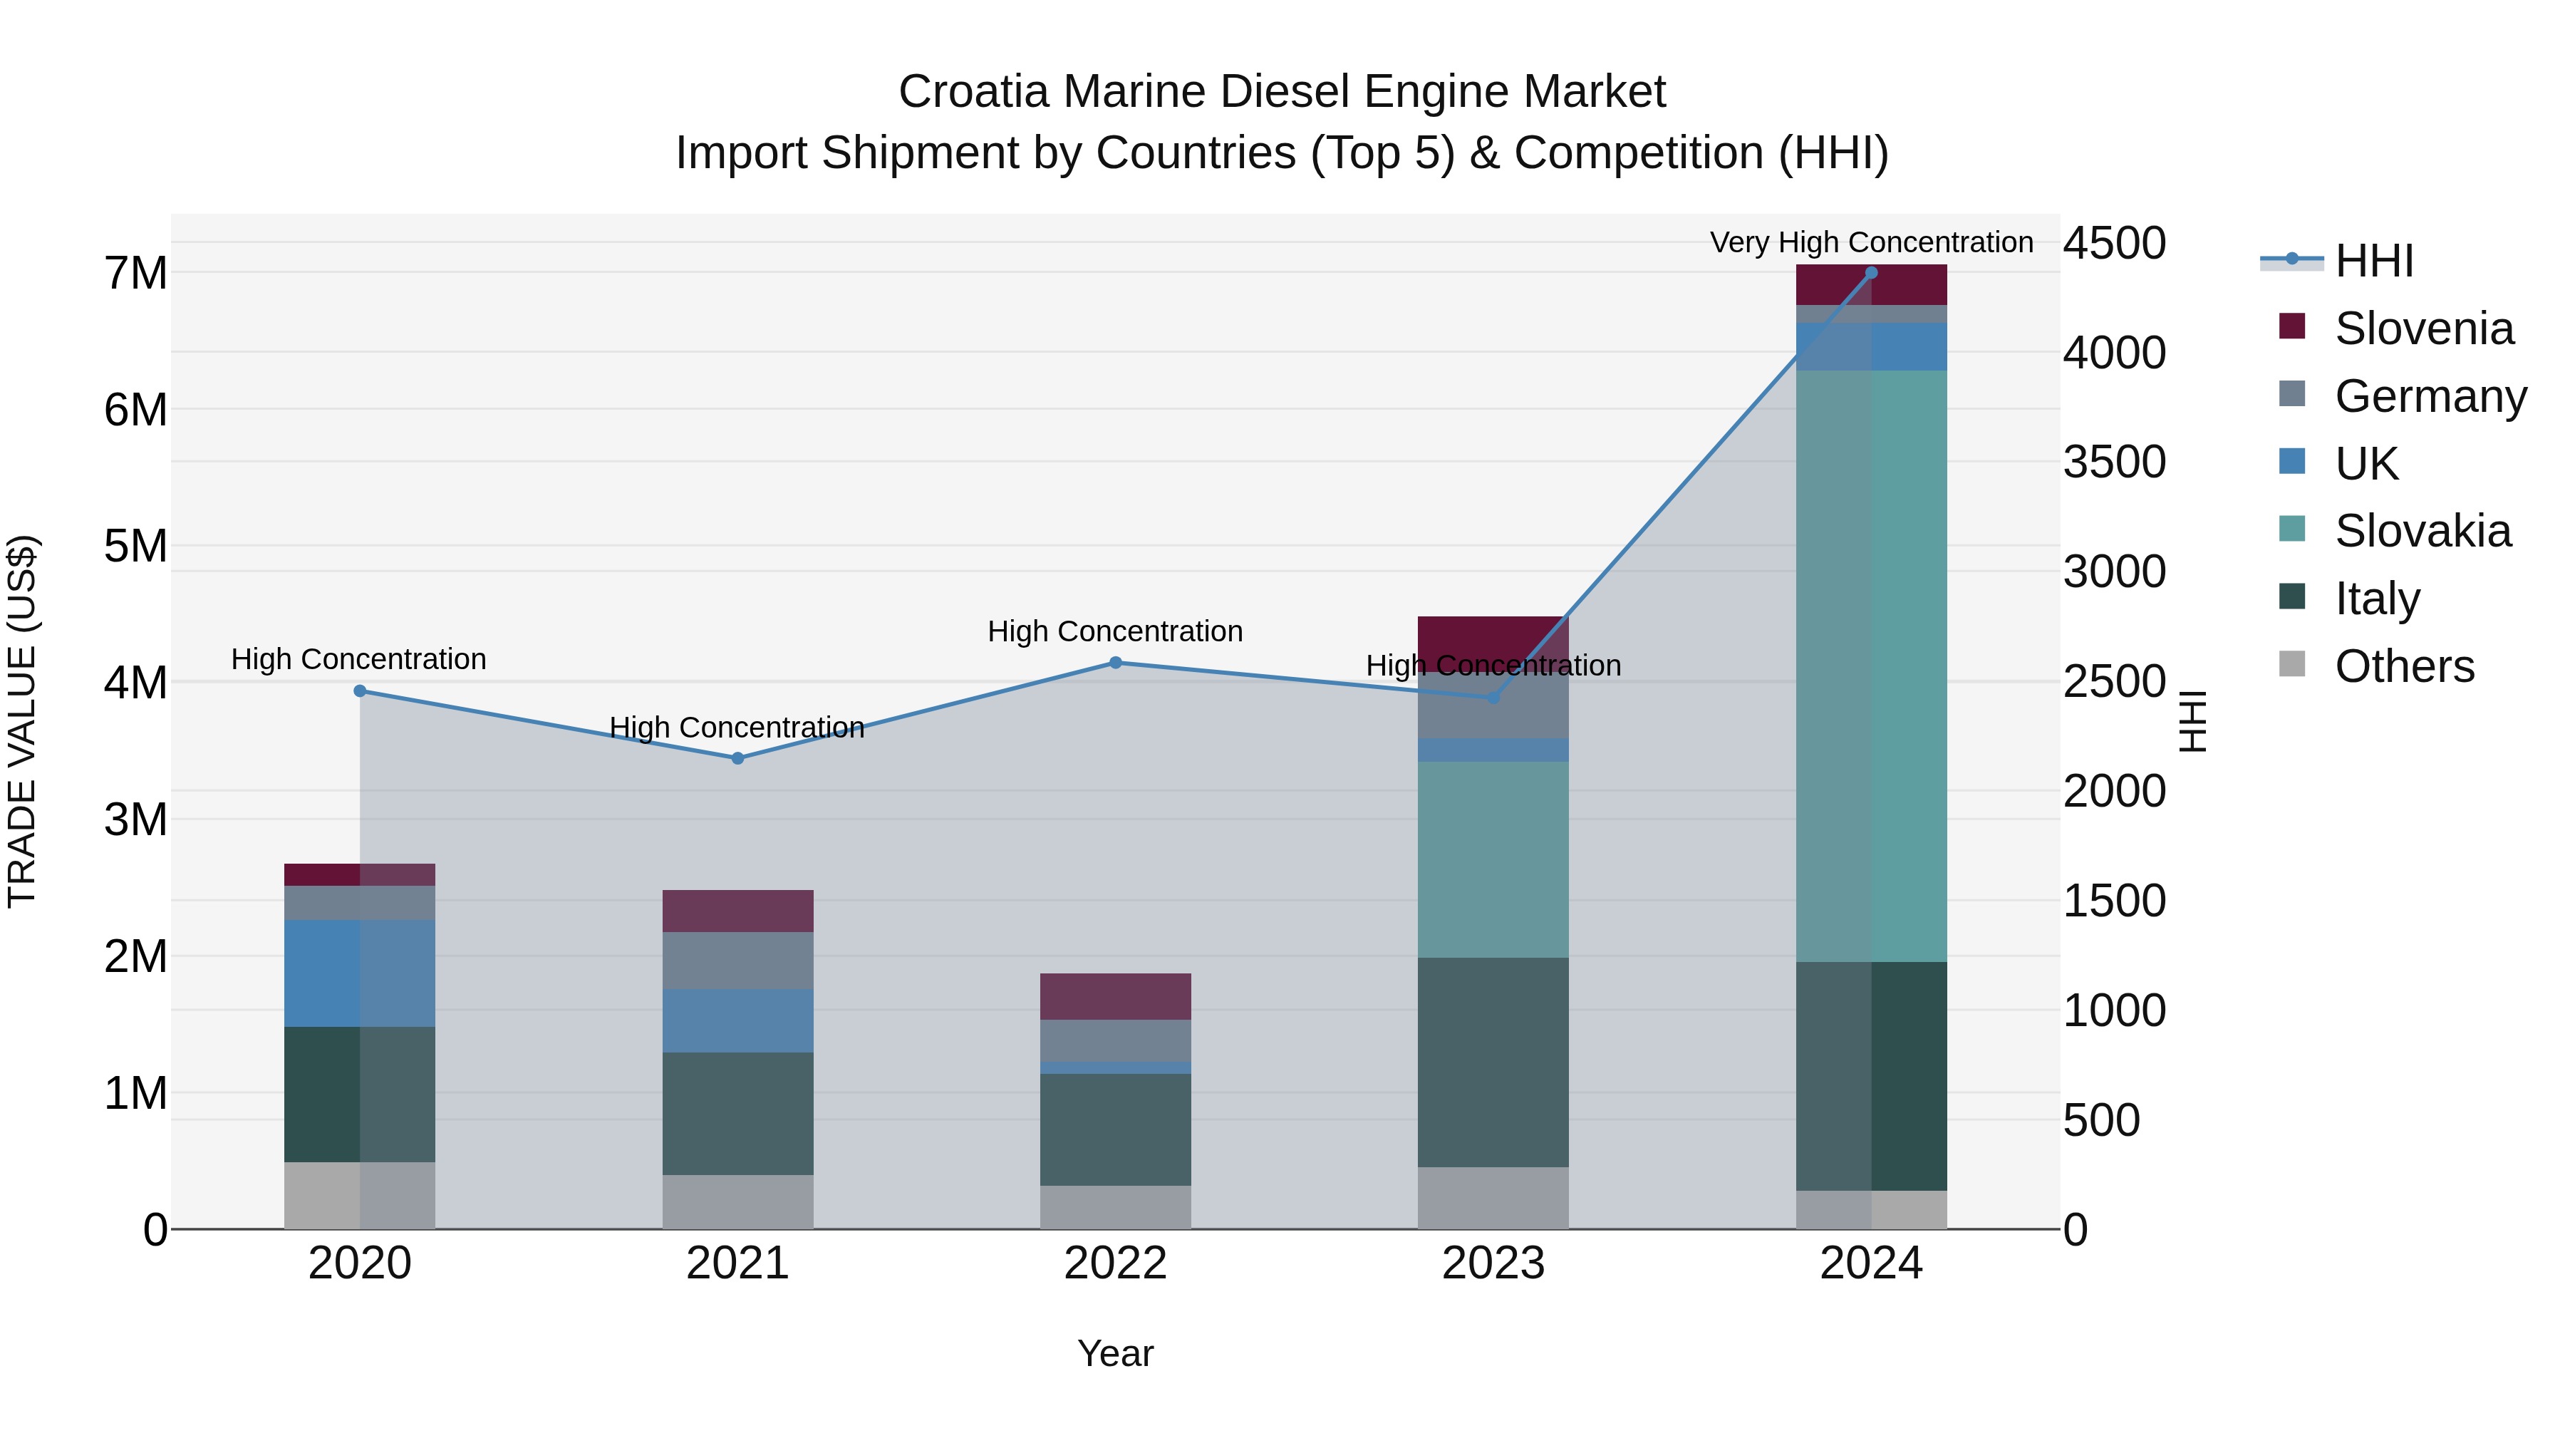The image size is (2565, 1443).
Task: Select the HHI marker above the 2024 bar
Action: click(1871, 273)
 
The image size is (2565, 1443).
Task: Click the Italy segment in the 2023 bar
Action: click(1493, 1062)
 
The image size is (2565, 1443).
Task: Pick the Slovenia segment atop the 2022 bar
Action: click(1115, 996)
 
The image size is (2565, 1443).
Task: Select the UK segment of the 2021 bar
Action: click(738, 1020)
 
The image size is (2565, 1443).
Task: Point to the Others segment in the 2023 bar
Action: click(1493, 1197)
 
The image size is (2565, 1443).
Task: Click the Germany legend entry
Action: click(2430, 396)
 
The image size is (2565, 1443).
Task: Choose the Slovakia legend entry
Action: click(2422, 531)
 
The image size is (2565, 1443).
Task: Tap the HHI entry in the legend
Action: click(2374, 261)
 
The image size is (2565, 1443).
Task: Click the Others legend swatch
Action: click(2292, 663)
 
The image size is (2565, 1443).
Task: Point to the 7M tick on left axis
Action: click(135, 273)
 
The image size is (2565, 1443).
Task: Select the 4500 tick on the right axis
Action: click(2114, 243)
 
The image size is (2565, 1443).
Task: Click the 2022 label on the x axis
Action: click(1115, 1263)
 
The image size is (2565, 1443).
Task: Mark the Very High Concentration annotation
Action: click(1871, 242)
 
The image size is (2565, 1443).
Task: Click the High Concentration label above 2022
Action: click(1115, 631)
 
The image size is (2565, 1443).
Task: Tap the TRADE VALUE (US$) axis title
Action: click(22, 721)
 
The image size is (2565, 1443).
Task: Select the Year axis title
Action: click(1115, 1353)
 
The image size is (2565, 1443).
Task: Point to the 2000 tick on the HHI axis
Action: click(2114, 792)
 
